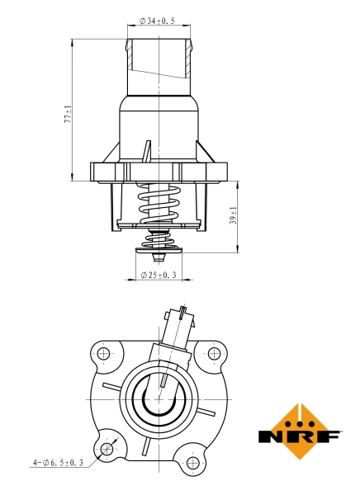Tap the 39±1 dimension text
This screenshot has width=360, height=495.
point(234,216)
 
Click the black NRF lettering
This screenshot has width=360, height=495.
point(300,436)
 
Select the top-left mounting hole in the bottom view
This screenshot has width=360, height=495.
point(103,354)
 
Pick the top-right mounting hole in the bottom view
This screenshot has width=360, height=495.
point(214,354)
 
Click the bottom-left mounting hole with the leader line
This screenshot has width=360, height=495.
point(105,449)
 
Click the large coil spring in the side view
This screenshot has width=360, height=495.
point(159,202)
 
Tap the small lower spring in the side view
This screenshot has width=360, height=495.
point(159,240)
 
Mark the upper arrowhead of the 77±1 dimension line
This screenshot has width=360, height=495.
point(75,40)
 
